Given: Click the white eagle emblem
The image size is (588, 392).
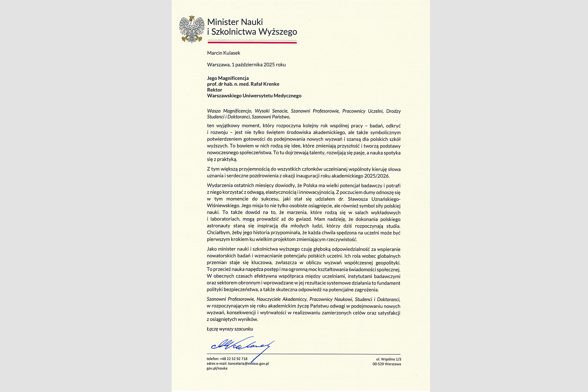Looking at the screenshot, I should click(x=192, y=30).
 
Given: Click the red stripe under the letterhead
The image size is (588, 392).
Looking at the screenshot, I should click(x=252, y=43).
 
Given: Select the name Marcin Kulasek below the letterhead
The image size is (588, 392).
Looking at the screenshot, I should click(x=224, y=53).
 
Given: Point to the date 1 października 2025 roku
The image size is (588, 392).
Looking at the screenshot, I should click(x=258, y=65).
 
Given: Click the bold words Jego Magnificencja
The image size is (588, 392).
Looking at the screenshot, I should click(x=228, y=78).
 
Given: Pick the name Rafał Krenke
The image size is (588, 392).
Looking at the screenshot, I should click(x=265, y=84).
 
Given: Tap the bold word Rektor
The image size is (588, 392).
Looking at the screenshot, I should click(x=214, y=90).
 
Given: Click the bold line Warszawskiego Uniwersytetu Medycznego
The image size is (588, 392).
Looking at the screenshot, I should click(x=254, y=96).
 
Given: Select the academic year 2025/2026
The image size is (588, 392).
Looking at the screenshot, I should click(x=377, y=176).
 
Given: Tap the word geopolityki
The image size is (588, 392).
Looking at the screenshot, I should click(x=388, y=263).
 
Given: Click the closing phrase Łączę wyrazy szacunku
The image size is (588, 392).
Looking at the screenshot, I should click(x=230, y=329).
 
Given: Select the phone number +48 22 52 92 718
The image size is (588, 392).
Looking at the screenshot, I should click(x=233, y=359).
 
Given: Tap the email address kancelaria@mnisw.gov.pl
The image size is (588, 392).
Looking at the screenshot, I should click(x=248, y=364).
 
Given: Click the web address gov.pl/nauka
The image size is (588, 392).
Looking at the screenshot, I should click(x=217, y=368).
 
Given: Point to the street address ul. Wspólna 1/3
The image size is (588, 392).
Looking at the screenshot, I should click(x=389, y=359).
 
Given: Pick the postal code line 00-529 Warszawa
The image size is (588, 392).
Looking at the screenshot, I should click(x=386, y=364).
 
